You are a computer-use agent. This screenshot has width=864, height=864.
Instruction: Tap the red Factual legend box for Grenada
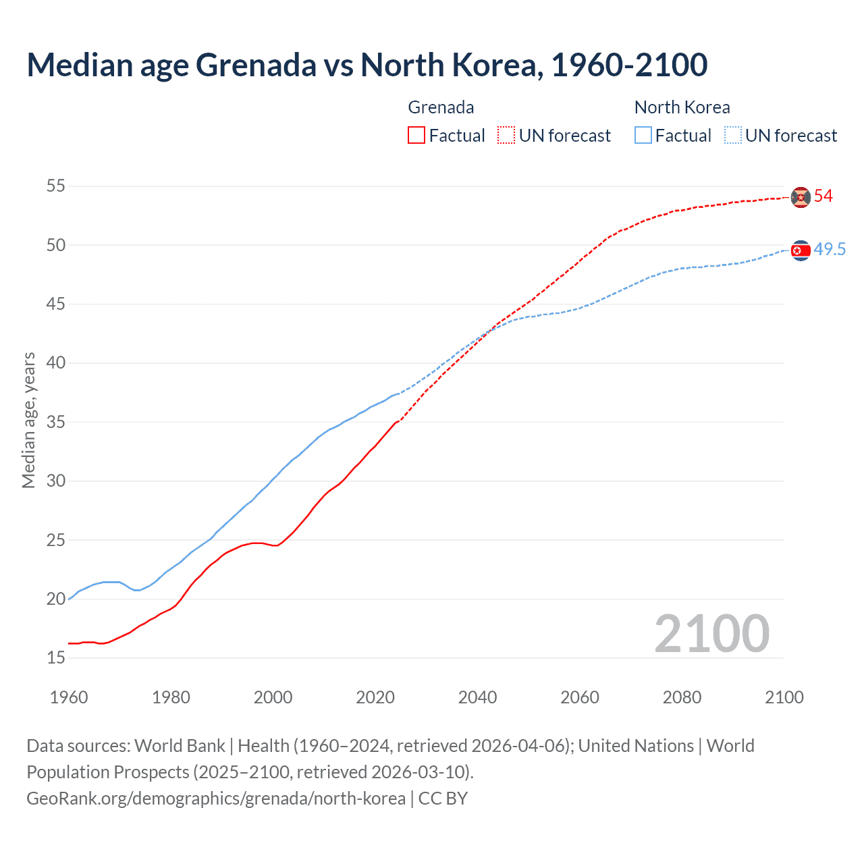416,135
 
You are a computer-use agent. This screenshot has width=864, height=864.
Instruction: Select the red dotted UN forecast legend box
506,135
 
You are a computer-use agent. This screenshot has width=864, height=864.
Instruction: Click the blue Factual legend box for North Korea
643,135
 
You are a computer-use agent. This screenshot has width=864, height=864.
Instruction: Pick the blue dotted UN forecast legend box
733,135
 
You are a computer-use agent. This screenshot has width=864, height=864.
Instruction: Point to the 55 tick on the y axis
56,186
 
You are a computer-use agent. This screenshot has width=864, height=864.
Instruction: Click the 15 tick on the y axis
56,657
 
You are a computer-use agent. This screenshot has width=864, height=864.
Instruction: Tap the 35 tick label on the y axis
56,422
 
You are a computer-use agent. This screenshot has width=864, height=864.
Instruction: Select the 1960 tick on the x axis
69,697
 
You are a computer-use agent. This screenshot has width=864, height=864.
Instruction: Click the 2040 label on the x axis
477,697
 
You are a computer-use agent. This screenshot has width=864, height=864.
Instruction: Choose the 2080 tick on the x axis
682,697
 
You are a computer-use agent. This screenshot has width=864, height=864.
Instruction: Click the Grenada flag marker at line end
801,197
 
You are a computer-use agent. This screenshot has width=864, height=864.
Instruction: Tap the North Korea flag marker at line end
801,250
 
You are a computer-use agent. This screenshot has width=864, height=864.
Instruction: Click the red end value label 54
823,196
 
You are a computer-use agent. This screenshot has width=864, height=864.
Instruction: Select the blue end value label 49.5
830,250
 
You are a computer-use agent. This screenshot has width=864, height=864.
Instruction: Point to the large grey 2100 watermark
711,633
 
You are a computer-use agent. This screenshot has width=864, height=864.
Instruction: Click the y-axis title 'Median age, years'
28,420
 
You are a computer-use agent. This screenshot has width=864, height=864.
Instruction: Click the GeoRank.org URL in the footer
216,798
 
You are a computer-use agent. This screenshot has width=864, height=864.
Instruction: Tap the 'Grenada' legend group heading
441,107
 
